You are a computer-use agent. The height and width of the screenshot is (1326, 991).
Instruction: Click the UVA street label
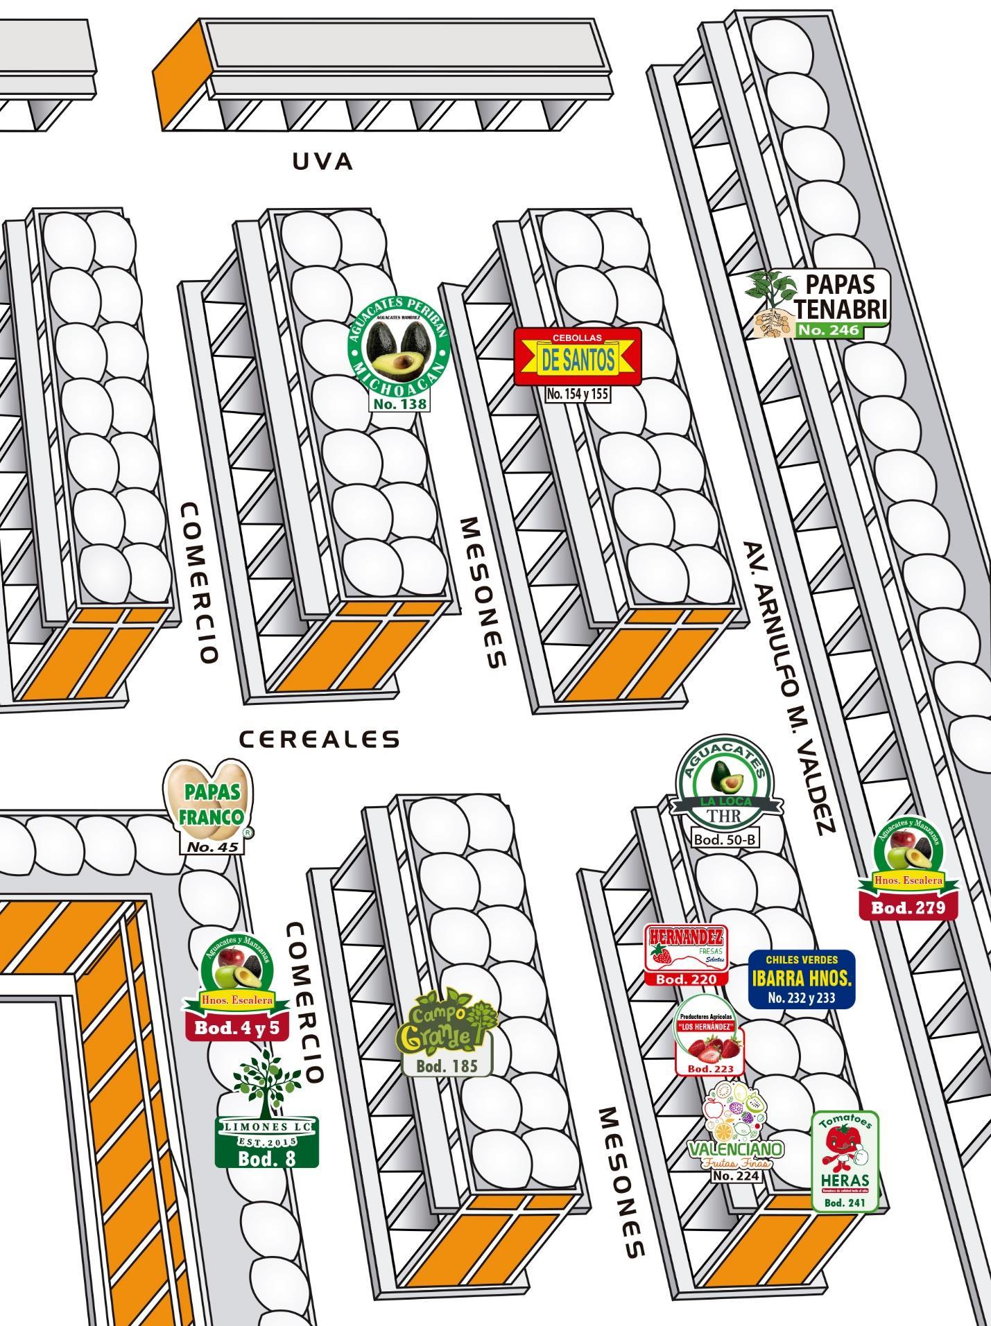point(322,162)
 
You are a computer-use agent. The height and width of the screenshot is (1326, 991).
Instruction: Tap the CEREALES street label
point(320,740)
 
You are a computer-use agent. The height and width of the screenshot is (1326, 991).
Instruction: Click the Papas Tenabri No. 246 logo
point(818,304)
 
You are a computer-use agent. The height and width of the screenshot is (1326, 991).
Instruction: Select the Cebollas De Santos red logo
point(578,356)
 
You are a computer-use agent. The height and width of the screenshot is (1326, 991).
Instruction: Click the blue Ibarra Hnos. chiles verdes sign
point(802,979)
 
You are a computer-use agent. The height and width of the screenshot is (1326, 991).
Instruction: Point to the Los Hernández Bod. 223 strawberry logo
point(709,1036)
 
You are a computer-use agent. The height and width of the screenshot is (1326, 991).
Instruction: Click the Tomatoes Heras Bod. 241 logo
point(845,1160)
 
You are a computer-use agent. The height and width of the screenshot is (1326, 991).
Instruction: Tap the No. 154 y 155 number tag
point(577,394)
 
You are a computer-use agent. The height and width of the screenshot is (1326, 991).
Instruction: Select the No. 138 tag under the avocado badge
point(399,403)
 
